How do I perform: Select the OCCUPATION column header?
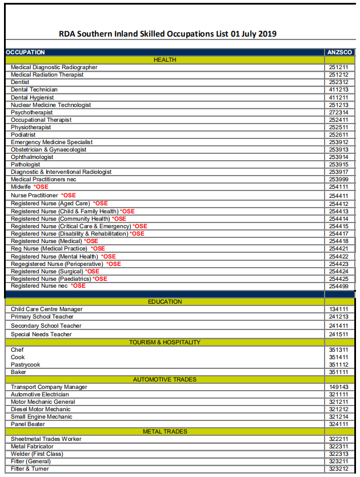tap(25, 52)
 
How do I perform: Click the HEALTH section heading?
tap(165, 59)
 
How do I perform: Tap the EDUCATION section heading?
tap(165, 301)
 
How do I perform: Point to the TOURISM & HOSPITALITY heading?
tap(165, 342)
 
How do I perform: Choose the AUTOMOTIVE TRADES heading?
tap(165, 379)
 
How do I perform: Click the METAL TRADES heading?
tap(165, 431)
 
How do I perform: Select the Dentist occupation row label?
tap(20, 82)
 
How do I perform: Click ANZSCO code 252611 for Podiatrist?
tap(338, 135)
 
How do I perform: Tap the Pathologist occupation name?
tap(25, 165)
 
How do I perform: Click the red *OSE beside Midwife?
tap(41, 187)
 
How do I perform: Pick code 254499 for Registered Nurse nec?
tap(338, 286)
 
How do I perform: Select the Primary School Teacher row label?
tap(42, 316)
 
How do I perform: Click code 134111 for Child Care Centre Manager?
tap(338, 309)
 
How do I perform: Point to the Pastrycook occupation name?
tap(26, 364)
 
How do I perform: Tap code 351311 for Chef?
tap(338, 349)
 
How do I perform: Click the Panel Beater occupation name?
tap(28, 424)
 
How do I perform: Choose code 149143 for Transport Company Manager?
tap(338, 387)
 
